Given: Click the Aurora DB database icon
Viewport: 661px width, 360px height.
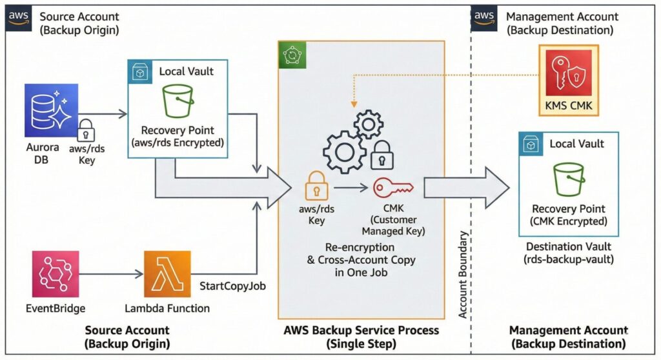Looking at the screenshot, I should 50,110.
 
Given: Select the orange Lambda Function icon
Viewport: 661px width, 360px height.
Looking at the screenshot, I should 167,274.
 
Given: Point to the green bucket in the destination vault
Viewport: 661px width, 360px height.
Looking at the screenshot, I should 568,179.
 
